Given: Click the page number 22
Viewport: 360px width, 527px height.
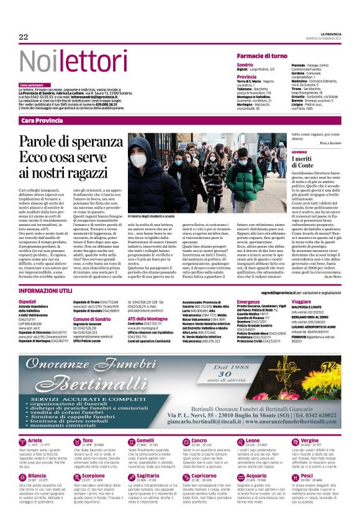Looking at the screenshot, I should [24, 37].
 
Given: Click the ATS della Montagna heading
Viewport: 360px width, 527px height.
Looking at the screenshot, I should [149, 318].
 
